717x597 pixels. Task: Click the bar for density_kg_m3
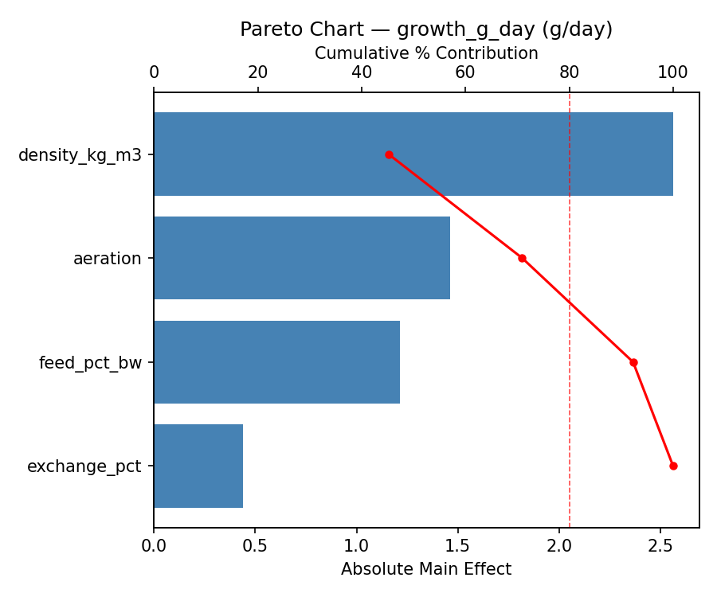click(413, 154)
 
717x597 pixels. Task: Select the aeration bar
click(301, 258)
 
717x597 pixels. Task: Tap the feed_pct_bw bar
click(276, 362)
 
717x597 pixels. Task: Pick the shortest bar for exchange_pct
click(198, 466)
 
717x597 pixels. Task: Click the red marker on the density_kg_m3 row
click(389, 154)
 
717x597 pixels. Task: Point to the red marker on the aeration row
click(522, 258)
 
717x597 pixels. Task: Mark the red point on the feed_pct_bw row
click(633, 362)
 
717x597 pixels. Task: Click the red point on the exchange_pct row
click(673, 466)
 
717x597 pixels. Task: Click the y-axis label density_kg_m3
click(80, 155)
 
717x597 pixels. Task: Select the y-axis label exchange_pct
click(84, 466)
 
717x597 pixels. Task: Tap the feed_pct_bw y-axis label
click(90, 363)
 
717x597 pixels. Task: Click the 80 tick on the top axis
click(569, 72)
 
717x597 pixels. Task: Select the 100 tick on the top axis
click(673, 72)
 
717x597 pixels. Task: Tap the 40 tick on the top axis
click(362, 72)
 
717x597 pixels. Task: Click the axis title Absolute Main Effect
click(426, 569)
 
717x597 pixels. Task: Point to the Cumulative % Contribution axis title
click(426, 53)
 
